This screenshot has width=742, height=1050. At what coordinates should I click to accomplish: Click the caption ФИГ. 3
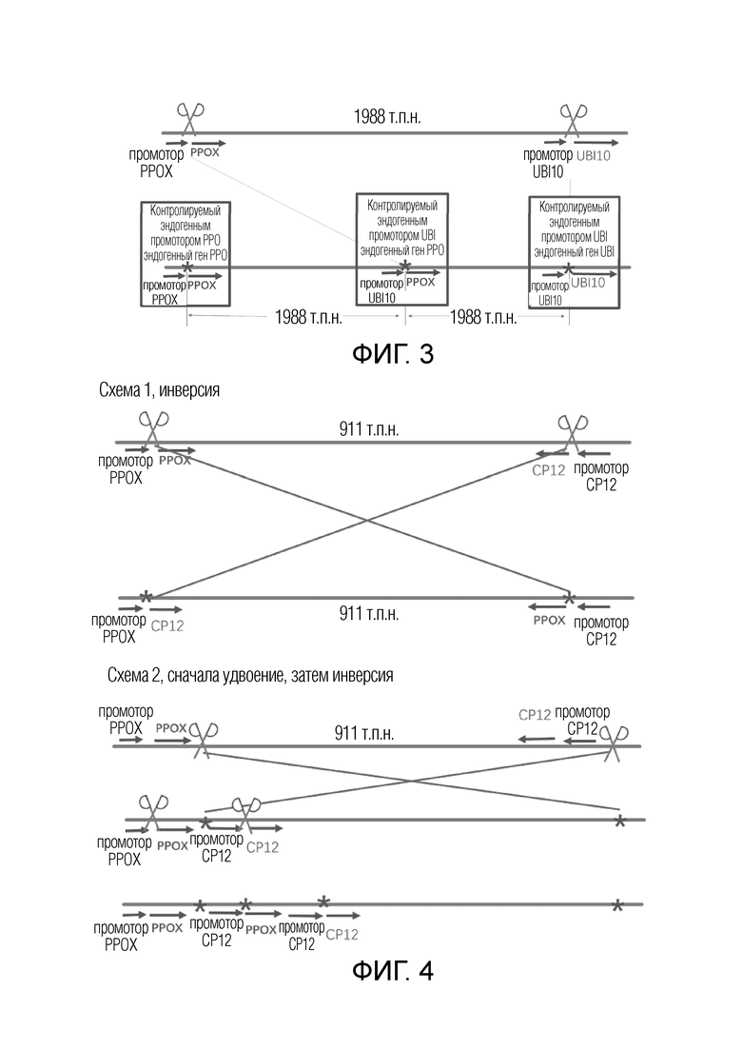point(393,354)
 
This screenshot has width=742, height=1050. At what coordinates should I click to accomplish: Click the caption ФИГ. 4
point(393,970)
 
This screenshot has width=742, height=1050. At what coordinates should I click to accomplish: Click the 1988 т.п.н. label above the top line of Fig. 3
point(387,117)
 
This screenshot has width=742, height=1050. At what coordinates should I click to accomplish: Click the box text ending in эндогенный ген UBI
point(574,229)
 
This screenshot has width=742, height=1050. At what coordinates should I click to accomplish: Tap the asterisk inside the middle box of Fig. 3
point(404,267)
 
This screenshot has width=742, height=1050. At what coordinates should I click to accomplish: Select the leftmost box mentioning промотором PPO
point(185,254)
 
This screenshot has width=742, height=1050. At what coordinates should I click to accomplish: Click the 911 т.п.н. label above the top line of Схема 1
point(369,428)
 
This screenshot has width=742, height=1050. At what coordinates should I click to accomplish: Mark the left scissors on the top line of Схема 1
point(153,428)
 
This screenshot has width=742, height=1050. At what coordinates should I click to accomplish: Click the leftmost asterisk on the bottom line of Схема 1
point(146,597)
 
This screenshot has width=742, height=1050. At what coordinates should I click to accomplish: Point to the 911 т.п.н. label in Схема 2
point(364,733)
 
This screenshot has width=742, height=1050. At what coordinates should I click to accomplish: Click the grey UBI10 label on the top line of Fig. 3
point(593,156)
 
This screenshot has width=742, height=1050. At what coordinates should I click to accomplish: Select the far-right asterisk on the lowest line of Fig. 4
point(616,905)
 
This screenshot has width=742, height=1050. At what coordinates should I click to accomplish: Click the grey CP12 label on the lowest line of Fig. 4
point(342,934)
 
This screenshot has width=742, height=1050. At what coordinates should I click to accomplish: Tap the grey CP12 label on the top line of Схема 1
point(549,470)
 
